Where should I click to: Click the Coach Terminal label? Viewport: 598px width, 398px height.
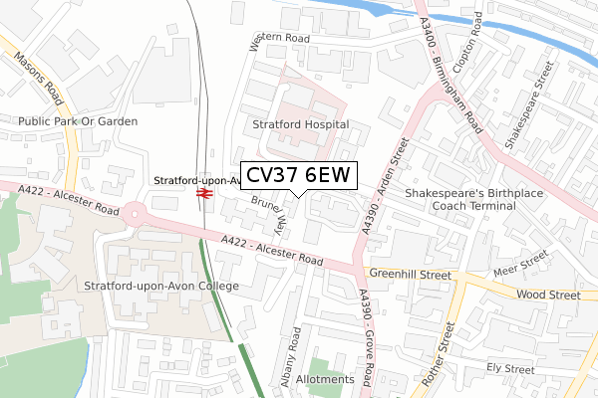click(473, 206)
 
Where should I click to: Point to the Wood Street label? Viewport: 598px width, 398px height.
click(547, 296)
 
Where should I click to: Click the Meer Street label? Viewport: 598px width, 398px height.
click(522, 265)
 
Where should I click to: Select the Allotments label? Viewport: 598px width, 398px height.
click(325, 380)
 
